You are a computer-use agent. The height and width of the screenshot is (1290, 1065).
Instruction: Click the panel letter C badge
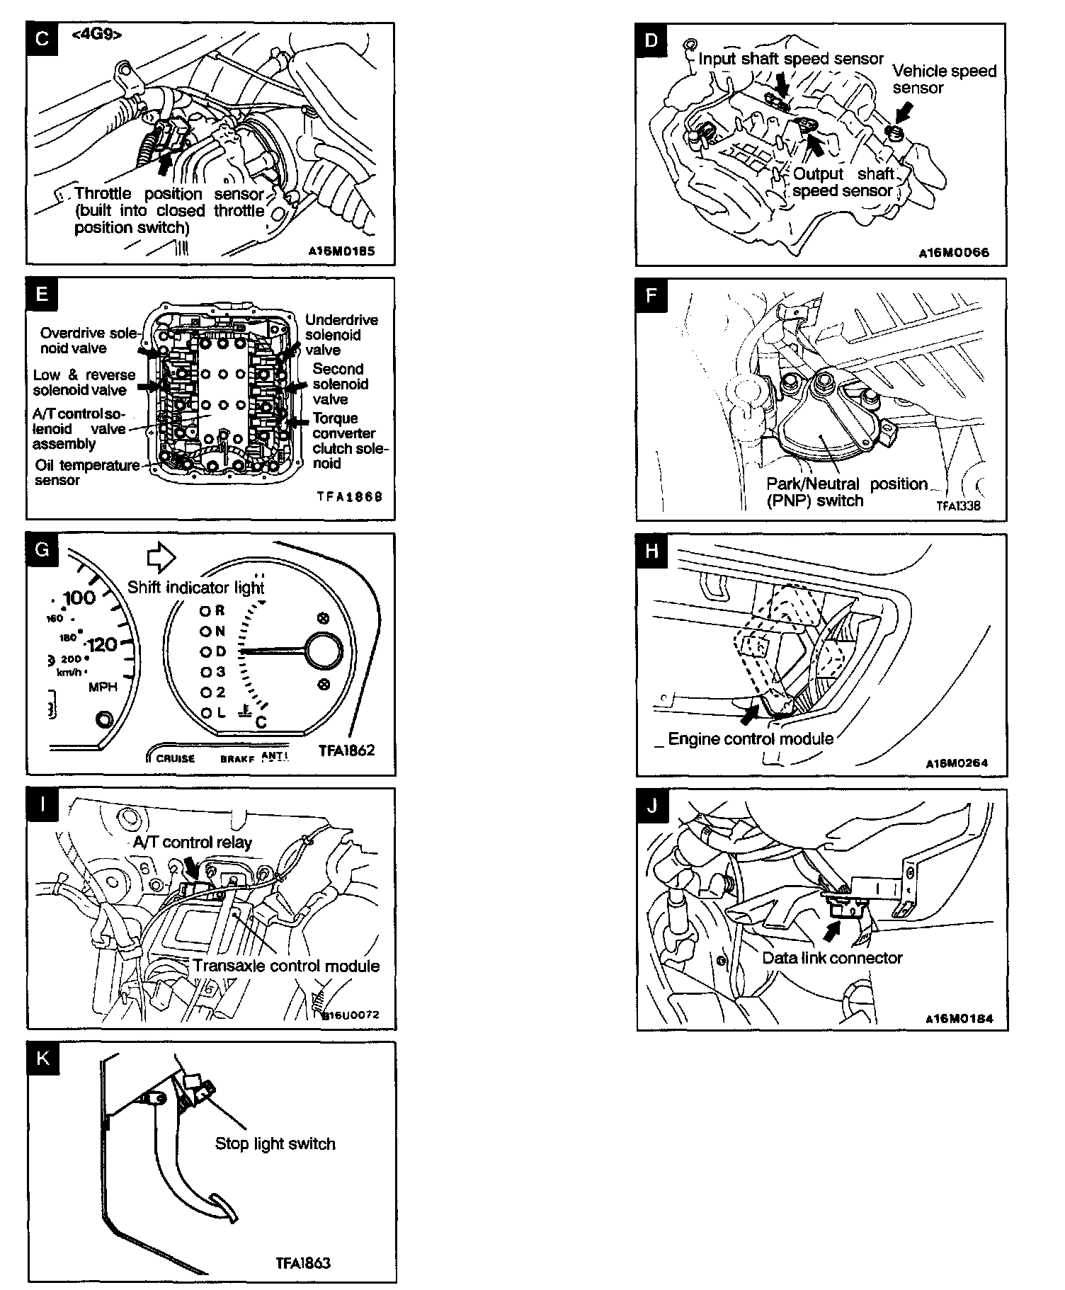coord(42,38)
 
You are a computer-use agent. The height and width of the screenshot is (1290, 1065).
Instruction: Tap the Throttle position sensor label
coord(169,210)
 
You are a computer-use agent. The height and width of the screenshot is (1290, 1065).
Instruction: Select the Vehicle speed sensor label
coord(944,79)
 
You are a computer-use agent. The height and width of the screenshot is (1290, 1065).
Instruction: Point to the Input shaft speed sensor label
coord(790,59)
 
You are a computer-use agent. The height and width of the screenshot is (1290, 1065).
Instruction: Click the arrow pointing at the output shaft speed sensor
coord(816,147)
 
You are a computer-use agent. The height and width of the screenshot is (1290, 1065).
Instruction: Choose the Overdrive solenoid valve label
coord(88,341)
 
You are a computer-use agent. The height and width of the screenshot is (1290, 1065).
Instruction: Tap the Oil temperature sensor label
coord(86,472)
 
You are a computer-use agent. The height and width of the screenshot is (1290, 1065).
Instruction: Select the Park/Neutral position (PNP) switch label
coord(846,492)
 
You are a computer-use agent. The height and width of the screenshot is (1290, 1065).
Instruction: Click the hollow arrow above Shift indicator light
coord(161,558)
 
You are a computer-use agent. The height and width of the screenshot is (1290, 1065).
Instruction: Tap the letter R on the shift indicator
coord(220,610)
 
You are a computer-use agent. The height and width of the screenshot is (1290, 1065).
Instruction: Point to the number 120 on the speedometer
coord(102,645)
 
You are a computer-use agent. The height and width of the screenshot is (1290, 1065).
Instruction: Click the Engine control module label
coord(750,739)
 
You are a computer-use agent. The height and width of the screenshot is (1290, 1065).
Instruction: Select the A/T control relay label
coord(192,842)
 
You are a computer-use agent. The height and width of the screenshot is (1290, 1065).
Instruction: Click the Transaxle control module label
coord(286,966)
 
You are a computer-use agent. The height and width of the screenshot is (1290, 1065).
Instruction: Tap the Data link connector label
coord(832,958)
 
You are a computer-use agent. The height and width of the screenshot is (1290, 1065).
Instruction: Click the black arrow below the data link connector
coord(834,930)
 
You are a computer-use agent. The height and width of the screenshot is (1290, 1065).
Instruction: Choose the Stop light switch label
coord(275,1143)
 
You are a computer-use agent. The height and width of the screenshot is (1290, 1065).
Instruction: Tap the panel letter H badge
coord(652,549)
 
